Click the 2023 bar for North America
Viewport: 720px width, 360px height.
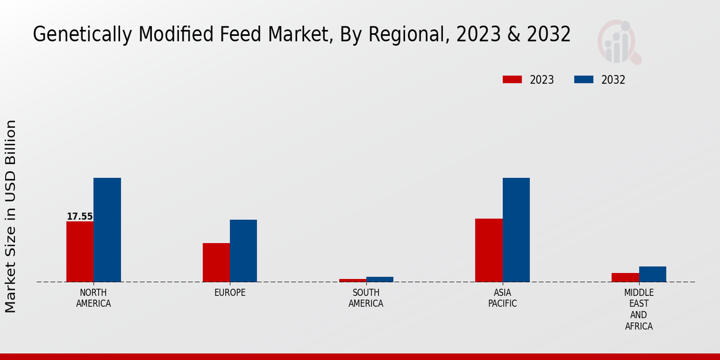click(x=80, y=251)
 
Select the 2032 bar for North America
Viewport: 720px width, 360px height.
click(x=107, y=230)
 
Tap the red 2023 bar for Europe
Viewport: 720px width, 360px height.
click(x=216, y=262)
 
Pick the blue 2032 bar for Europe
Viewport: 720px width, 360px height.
click(x=243, y=251)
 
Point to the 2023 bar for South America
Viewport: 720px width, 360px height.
click(x=352, y=280)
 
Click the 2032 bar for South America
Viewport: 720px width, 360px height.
click(x=380, y=279)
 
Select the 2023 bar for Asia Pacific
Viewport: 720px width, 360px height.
click(x=488, y=250)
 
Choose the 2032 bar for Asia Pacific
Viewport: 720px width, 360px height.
click(x=516, y=230)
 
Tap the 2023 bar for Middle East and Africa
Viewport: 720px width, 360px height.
click(x=625, y=277)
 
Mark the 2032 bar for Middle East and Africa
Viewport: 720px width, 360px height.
click(x=652, y=274)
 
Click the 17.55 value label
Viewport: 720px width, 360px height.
click(x=80, y=217)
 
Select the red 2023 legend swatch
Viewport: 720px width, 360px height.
click(x=512, y=80)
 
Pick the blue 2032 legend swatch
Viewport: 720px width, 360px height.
click(x=583, y=80)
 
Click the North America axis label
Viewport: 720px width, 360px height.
click(x=94, y=298)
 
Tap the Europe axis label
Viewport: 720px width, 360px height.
click(x=230, y=293)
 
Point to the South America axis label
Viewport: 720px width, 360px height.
click(x=366, y=298)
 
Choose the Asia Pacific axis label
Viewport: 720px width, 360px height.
click(x=503, y=298)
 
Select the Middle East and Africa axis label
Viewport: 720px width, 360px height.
click(x=638, y=310)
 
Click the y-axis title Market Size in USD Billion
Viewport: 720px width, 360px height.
click(x=11, y=216)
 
